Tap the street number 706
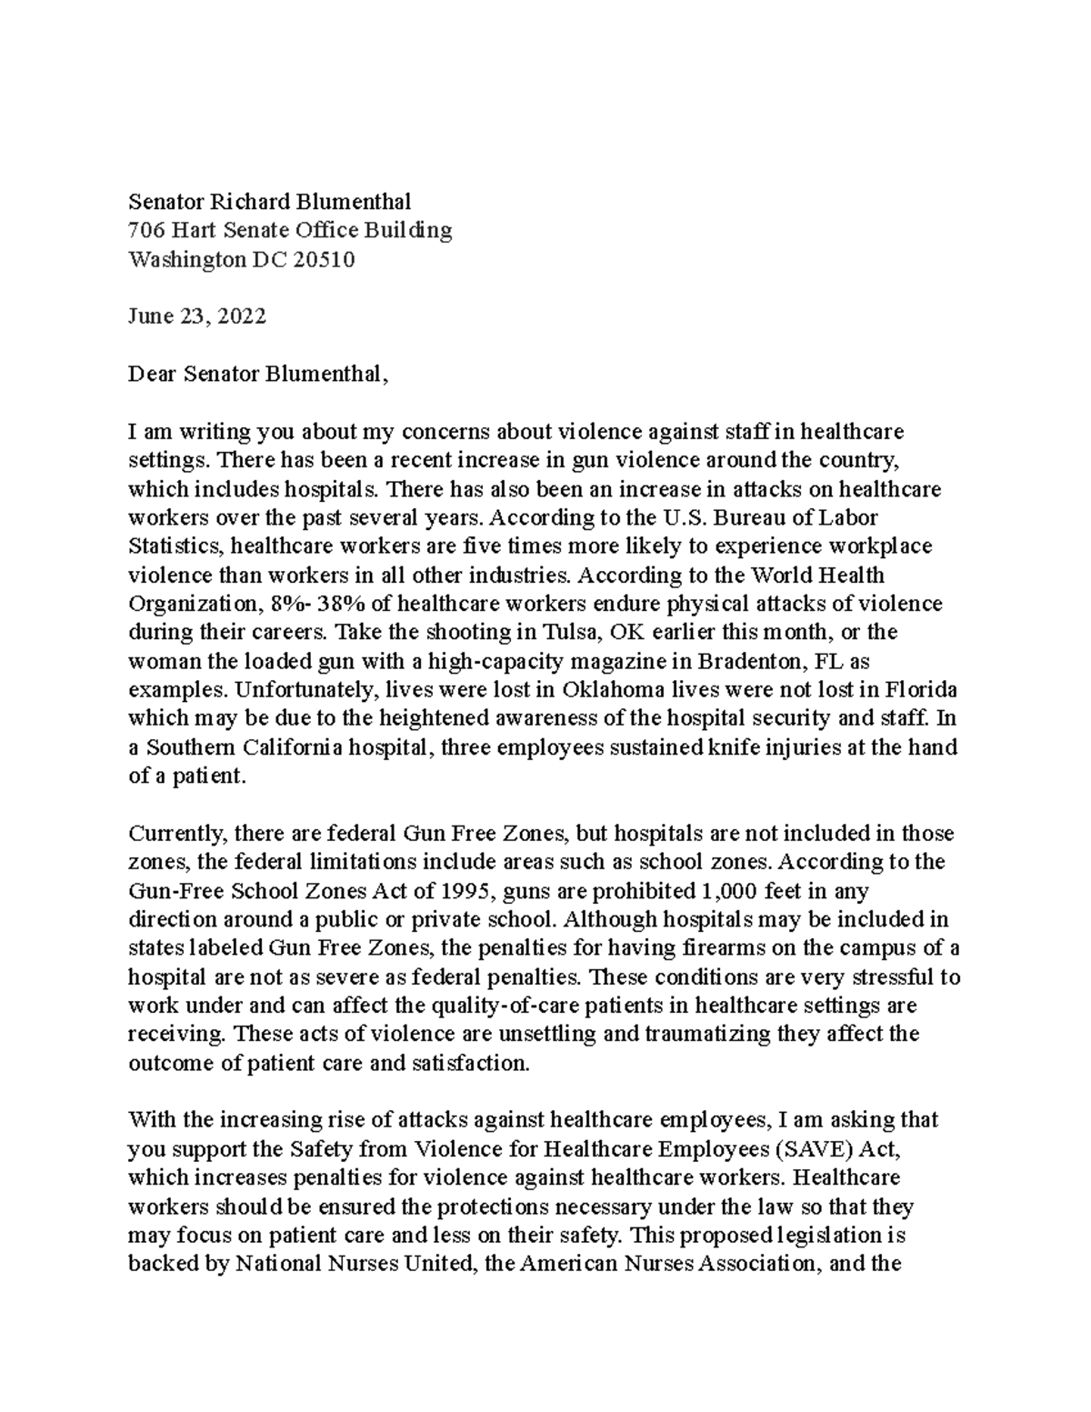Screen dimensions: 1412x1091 click(145, 230)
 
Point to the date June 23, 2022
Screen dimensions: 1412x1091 click(196, 316)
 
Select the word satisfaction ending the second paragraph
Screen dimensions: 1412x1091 click(473, 1064)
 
